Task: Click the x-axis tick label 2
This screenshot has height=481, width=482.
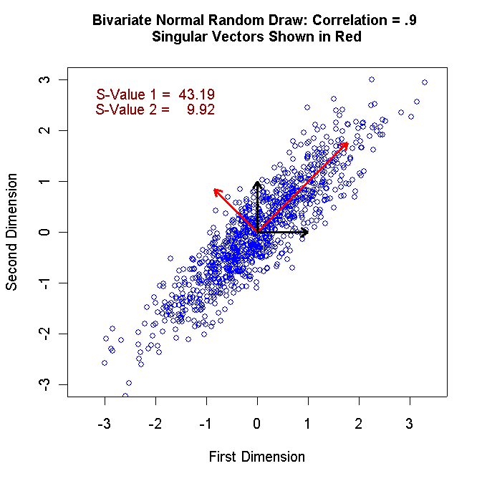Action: click(x=359, y=423)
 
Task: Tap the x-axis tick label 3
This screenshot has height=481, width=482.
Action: click(x=410, y=423)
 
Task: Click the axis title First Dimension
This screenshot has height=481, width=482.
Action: click(x=256, y=457)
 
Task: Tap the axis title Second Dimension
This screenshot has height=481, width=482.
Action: click(x=11, y=232)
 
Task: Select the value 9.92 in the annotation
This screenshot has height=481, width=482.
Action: click(x=201, y=110)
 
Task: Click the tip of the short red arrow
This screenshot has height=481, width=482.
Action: click(x=214, y=189)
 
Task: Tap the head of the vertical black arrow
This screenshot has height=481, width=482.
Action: click(x=257, y=183)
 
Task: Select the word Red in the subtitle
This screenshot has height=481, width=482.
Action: click(x=347, y=37)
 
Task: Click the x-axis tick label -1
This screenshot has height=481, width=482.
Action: click(x=205, y=423)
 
